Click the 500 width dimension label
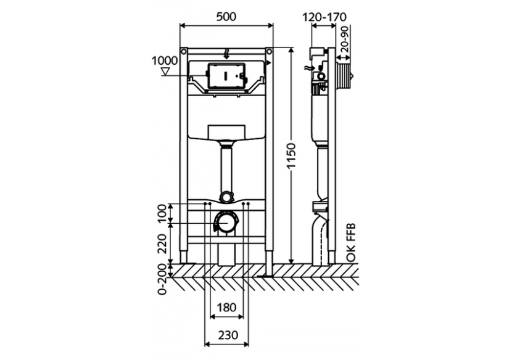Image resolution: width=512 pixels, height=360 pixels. coord(226,17)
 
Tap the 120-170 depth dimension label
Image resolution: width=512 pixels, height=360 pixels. coord(324,17)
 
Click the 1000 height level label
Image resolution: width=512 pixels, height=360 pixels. coord(163,60)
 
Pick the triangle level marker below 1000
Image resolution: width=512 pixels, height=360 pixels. coord(164,72)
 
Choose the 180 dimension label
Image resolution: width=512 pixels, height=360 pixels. coord(226,306)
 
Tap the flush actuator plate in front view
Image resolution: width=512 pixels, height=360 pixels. coord(226,75)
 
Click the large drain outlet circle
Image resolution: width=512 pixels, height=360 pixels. coord(226,222)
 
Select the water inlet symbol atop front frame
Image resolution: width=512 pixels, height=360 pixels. coord(226,53)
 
